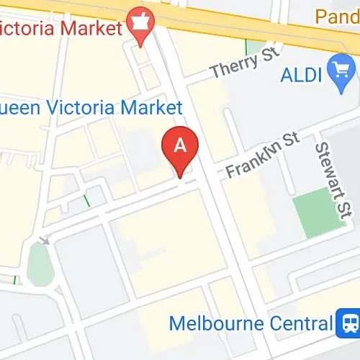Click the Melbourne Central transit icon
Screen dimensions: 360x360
pos(348,323)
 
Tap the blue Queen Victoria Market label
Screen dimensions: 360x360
pos(90,108)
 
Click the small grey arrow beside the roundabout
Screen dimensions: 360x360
pos(45,240)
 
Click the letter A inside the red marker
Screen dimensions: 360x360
pos(180,144)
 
